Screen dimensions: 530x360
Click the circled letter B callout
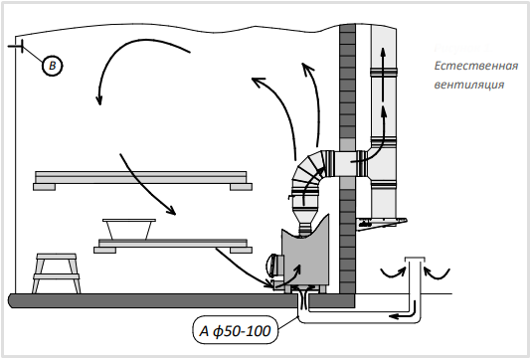pos(53,66)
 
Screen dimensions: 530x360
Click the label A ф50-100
pos(236,330)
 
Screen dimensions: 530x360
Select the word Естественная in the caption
pos(476,66)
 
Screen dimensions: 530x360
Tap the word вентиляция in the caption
pos(468,85)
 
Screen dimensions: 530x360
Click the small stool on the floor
pos(57,273)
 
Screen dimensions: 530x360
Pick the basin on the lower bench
pos(129,229)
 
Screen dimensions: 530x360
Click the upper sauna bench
pos(142,181)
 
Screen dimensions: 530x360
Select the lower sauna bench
pos(173,246)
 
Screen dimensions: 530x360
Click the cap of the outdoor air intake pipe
pos(415,260)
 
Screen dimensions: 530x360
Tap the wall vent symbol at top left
pos(16,46)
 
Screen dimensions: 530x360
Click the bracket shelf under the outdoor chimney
pos(382,224)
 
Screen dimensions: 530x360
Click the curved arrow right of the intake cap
pos(437,273)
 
